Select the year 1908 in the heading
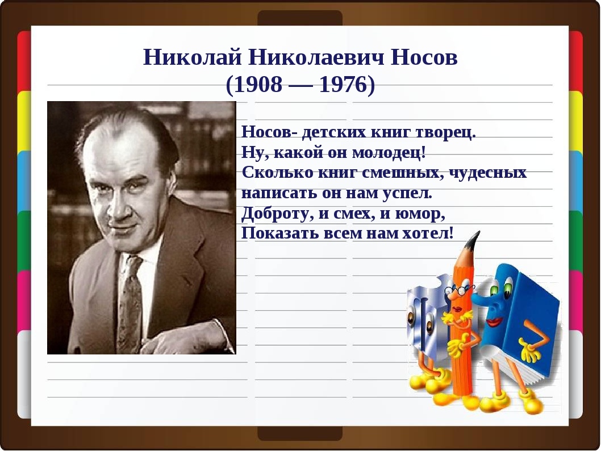(x=258, y=84)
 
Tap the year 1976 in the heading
(x=343, y=84)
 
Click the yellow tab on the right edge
(x=575, y=120)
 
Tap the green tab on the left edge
(x=24, y=240)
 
